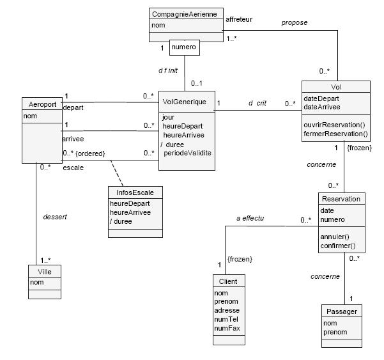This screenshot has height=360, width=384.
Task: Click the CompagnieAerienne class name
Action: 185,13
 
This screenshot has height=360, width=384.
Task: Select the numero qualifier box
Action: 184,47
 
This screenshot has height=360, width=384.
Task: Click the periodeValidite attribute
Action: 187,153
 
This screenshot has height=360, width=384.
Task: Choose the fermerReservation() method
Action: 336,134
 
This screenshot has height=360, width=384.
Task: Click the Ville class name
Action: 45,271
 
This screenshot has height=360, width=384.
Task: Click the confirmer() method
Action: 338,246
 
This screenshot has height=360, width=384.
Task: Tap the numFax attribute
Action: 228,328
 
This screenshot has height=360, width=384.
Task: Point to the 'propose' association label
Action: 295,23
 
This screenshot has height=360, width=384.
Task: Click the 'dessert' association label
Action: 55,217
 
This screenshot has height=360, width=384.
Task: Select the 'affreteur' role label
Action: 239,19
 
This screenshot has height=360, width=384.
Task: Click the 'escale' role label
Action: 73,168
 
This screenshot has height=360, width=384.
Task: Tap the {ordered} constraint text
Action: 91,153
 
